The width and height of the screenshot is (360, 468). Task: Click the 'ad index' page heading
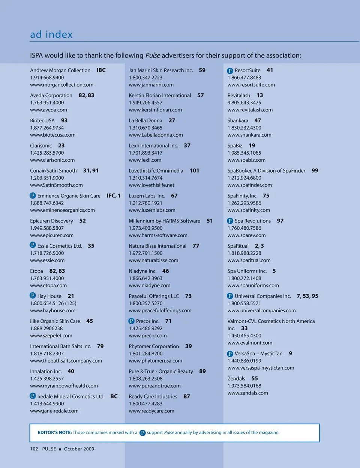51,35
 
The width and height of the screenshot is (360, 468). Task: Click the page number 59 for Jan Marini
202,70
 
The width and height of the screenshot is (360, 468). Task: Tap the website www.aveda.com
48,110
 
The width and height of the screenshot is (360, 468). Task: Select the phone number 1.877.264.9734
47,128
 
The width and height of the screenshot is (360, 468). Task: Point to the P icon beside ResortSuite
230,71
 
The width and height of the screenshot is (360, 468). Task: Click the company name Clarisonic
41,146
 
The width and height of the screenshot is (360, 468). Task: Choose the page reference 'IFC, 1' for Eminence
114,196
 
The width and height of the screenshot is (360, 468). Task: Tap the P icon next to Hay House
33,296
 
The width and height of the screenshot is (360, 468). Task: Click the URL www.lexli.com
145,160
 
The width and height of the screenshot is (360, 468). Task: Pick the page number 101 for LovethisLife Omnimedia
194,170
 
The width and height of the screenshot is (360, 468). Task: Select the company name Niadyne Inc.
142,271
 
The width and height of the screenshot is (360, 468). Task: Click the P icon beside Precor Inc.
131,321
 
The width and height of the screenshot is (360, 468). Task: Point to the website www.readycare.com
151,411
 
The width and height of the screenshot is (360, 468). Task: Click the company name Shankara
238,120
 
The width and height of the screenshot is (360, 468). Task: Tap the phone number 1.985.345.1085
244,153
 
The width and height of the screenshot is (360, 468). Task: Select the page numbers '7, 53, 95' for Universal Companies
307,296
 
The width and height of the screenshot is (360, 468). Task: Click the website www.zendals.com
247,393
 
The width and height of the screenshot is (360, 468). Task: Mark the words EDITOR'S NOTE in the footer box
55,432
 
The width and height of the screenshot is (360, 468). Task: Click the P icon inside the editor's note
142,433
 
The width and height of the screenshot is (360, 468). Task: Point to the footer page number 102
34,449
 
